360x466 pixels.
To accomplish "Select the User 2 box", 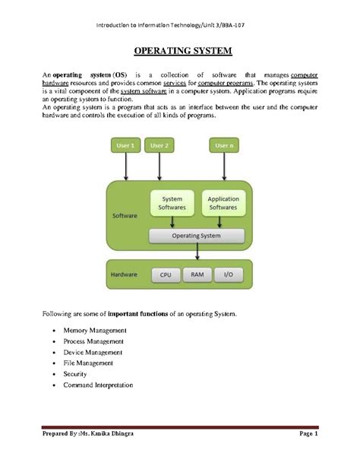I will pos(159,145).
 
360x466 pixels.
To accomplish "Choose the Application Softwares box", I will pos(223,202).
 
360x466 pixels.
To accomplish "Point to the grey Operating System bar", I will pos(196,236).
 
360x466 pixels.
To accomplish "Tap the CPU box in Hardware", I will pos(164,274).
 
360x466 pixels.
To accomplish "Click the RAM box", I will pos(196,274).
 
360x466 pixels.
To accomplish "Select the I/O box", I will pos(227,274).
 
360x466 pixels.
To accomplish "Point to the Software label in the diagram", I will pos(124,215).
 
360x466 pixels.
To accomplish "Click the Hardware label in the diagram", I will pos(124,274).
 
